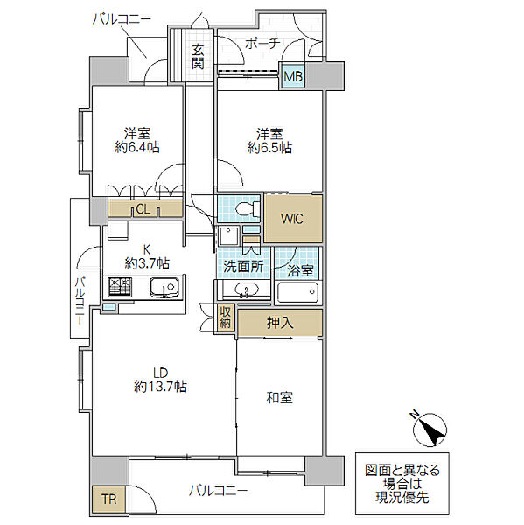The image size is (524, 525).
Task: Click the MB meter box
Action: tap(292, 78)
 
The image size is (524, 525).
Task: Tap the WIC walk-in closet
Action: tap(293, 219)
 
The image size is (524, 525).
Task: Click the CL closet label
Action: tap(143, 208)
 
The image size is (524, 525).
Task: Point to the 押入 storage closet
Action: tap(280, 323)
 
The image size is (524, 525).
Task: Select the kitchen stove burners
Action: tap(120, 286)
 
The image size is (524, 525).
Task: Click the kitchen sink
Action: tap(162, 288)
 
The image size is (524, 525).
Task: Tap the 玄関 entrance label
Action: tap(199, 56)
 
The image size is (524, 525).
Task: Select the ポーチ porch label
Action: tap(262, 43)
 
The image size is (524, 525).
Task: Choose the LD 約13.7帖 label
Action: tap(158, 378)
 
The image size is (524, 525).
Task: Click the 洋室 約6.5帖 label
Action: tap(269, 141)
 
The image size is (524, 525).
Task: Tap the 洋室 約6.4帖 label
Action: tap(135, 141)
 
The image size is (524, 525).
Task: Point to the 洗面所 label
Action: tap(242, 267)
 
